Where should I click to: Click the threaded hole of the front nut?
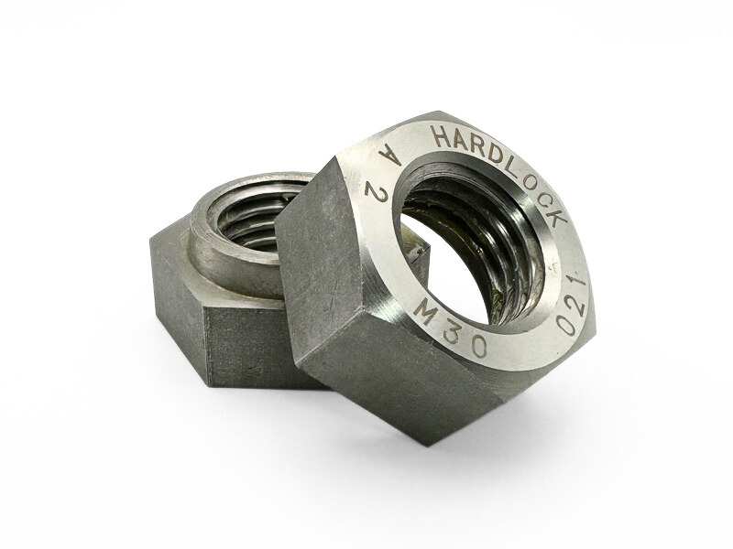coord(471,238)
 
